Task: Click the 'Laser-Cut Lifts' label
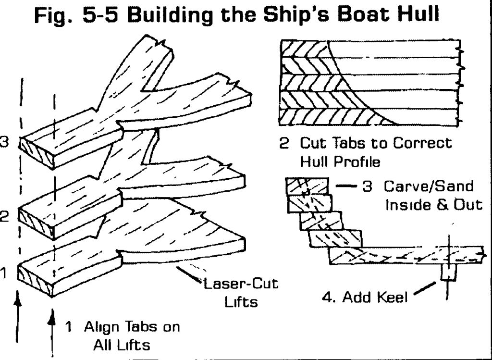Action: pos(241,293)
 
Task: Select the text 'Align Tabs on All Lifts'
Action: pos(123,335)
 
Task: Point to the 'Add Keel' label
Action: pos(366,297)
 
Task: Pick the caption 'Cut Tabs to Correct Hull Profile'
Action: pos(366,152)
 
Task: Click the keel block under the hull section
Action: pos(448,273)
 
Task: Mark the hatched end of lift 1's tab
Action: pos(35,280)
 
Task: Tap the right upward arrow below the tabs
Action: pos(52,334)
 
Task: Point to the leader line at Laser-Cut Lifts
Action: pos(189,274)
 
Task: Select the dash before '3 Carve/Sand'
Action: pos(346,186)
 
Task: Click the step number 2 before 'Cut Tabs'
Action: pos(283,143)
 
